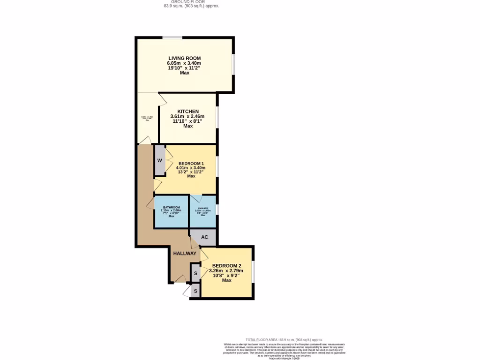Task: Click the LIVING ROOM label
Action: click(184, 58)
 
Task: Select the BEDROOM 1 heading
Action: click(191, 163)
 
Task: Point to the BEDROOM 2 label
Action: click(226, 265)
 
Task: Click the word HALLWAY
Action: click(185, 253)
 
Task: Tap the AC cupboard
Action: click(204, 237)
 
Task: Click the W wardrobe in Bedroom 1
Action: click(159, 160)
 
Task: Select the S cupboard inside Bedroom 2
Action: click(195, 273)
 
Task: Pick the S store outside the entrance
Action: click(195, 292)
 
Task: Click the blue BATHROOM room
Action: click(171, 211)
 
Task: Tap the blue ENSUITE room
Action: click(202, 211)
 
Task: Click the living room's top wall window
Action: click(172, 37)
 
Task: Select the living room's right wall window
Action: click(233, 64)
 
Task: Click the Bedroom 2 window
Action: click(253, 271)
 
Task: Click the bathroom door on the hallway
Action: click(150, 203)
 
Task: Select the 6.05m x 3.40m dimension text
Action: click(184, 63)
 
